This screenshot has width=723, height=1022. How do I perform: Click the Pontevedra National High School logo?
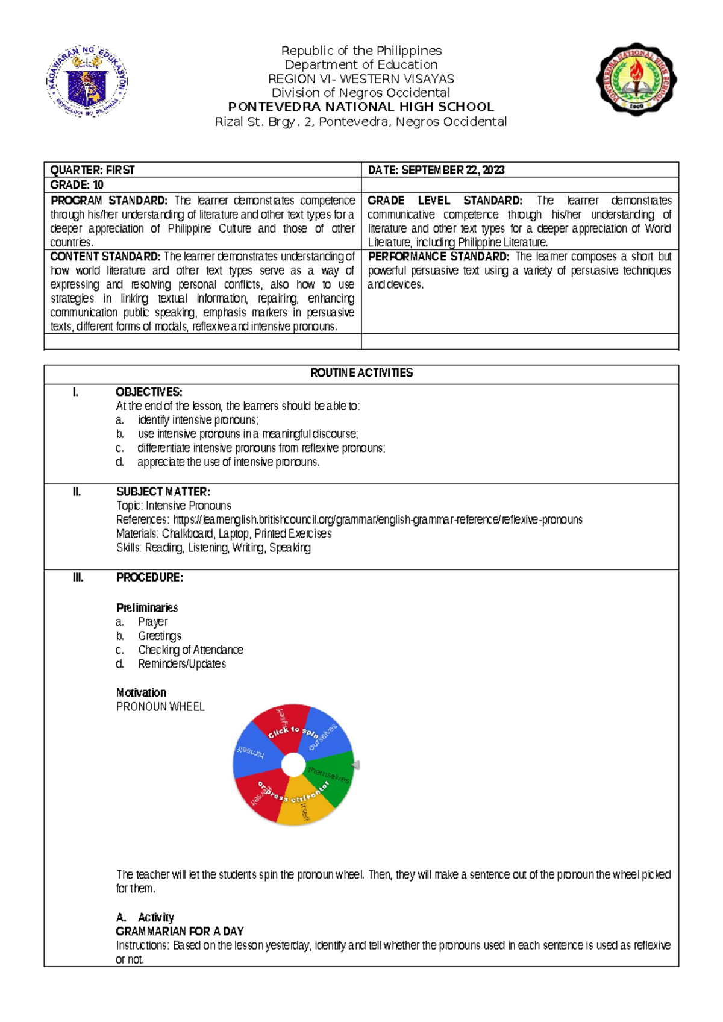coord(636,79)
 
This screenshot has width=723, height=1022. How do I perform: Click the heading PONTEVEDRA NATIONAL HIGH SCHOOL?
coord(361,107)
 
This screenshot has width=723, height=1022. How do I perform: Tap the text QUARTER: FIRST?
coord(92,170)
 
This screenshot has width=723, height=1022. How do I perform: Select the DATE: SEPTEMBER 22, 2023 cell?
coord(436,170)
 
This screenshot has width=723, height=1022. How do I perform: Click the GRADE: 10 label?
coord(77,185)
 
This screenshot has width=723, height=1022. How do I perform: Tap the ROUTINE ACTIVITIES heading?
coord(361,373)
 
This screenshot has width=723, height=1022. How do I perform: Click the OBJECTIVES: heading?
coord(149,392)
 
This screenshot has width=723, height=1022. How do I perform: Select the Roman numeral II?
coord(77,492)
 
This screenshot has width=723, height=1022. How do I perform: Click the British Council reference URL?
coord(378,519)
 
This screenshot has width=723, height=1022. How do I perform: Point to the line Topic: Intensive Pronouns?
coord(174,506)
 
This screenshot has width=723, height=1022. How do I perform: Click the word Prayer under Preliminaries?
coord(152,622)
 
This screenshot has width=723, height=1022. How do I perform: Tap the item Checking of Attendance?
coord(190,650)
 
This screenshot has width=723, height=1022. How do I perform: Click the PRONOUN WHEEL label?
coord(160,707)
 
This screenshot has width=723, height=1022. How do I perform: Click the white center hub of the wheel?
coord(293,765)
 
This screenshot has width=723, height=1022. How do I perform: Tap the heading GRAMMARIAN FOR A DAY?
coord(180,931)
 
